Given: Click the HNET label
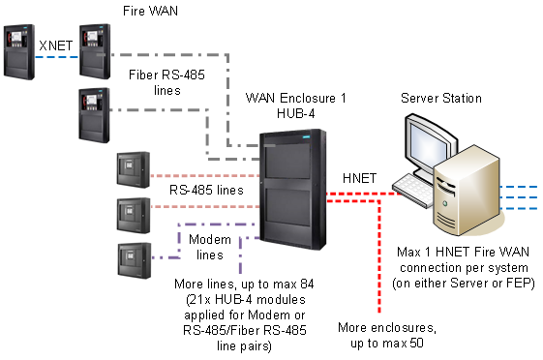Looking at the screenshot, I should (361, 178).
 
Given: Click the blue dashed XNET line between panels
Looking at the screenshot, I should (56, 58).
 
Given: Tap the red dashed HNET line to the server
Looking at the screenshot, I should (368, 193).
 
